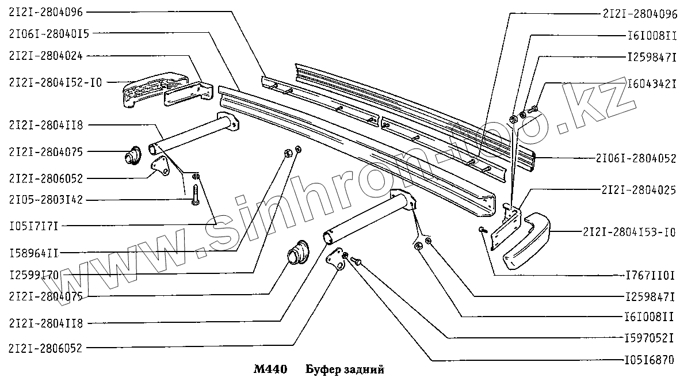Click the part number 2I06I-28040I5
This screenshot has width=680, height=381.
(x=49, y=33)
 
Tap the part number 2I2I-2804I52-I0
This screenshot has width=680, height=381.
(x=55, y=82)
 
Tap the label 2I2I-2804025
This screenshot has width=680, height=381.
(x=639, y=189)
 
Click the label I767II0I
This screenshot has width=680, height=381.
(x=651, y=275)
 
